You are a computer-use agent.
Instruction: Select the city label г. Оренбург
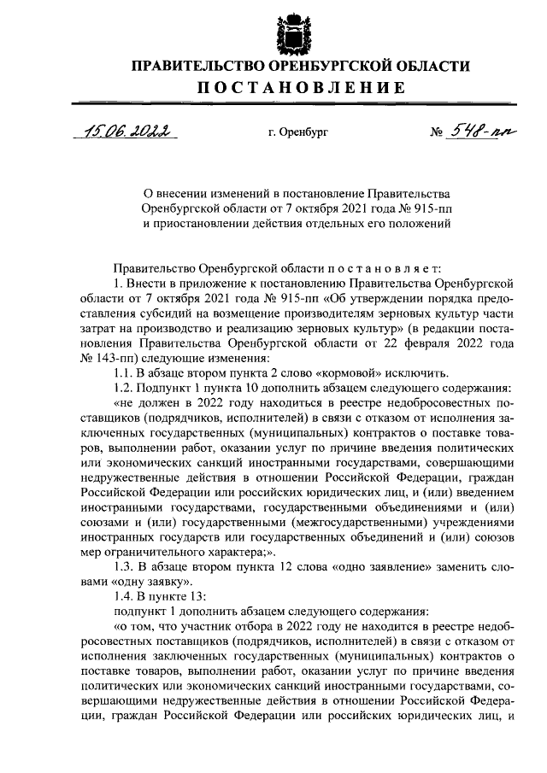tap(297, 134)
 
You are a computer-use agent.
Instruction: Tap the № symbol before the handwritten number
tap(436, 134)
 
